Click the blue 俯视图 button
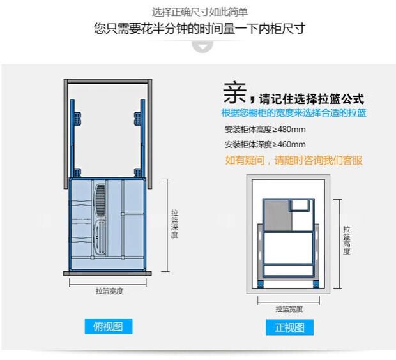[109, 327]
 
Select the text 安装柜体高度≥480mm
[264, 129]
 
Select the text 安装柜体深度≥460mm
[264, 144]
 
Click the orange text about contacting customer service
[293, 160]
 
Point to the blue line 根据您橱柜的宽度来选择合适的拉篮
[293, 113]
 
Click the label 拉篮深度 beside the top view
[174, 223]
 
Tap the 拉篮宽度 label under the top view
[109, 291]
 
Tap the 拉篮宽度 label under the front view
[289, 309]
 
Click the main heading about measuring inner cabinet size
[199, 28]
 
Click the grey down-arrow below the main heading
[202, 47]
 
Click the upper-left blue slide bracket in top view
[78, 119]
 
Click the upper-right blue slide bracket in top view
[138, 119]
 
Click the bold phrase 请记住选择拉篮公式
[311, 99]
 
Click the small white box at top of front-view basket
[300, 206]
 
